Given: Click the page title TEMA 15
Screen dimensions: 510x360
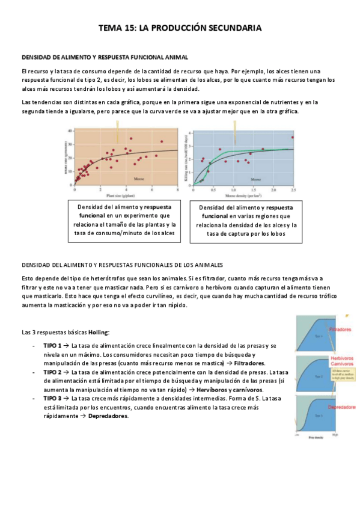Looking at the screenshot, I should (180, 28).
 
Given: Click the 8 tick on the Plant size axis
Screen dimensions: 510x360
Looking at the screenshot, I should (177, 190).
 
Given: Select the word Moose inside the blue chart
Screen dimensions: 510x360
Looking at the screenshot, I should (255, 179).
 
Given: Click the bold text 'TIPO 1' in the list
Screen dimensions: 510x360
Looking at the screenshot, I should (53, 346).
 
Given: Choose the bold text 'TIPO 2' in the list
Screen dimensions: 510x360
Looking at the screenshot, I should (53, 372).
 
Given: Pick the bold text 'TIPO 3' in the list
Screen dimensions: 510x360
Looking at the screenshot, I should (53, 398).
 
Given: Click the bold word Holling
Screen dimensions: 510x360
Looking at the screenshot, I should (99, 332).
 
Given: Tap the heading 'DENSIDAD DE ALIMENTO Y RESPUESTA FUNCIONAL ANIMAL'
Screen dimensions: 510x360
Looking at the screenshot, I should (105, 57).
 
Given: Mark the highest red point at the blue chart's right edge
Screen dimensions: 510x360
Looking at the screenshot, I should (293, 138).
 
